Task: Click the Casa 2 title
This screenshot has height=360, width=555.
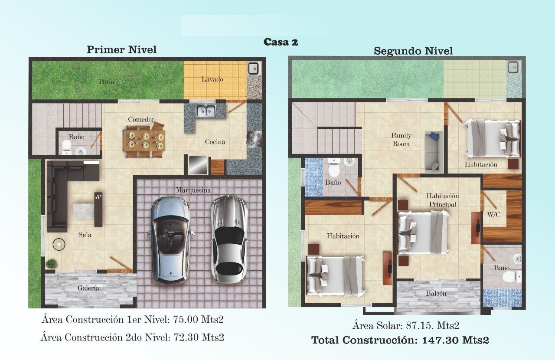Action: [281, 42]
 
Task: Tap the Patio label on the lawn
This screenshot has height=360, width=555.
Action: [107, 82]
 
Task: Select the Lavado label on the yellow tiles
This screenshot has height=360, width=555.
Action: [212, 79]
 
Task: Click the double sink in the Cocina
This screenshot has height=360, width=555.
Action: [206, 110]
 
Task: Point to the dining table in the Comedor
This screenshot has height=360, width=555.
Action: [144, 141]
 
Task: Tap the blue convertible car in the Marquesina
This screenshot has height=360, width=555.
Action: [170, 240]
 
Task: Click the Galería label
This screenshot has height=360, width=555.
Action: [88, 288]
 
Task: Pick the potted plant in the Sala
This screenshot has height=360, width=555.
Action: [51, 263]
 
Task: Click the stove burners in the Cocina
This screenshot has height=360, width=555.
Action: [255, 139]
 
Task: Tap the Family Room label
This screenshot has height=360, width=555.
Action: [401, 140]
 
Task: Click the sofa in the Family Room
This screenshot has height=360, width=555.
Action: [434, 152]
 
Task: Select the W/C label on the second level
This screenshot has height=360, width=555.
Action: [493, 215]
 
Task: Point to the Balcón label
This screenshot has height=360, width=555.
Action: [436, 294]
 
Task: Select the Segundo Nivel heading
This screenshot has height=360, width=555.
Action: [413, 51]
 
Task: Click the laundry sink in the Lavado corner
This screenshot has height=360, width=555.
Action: [254, 69]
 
